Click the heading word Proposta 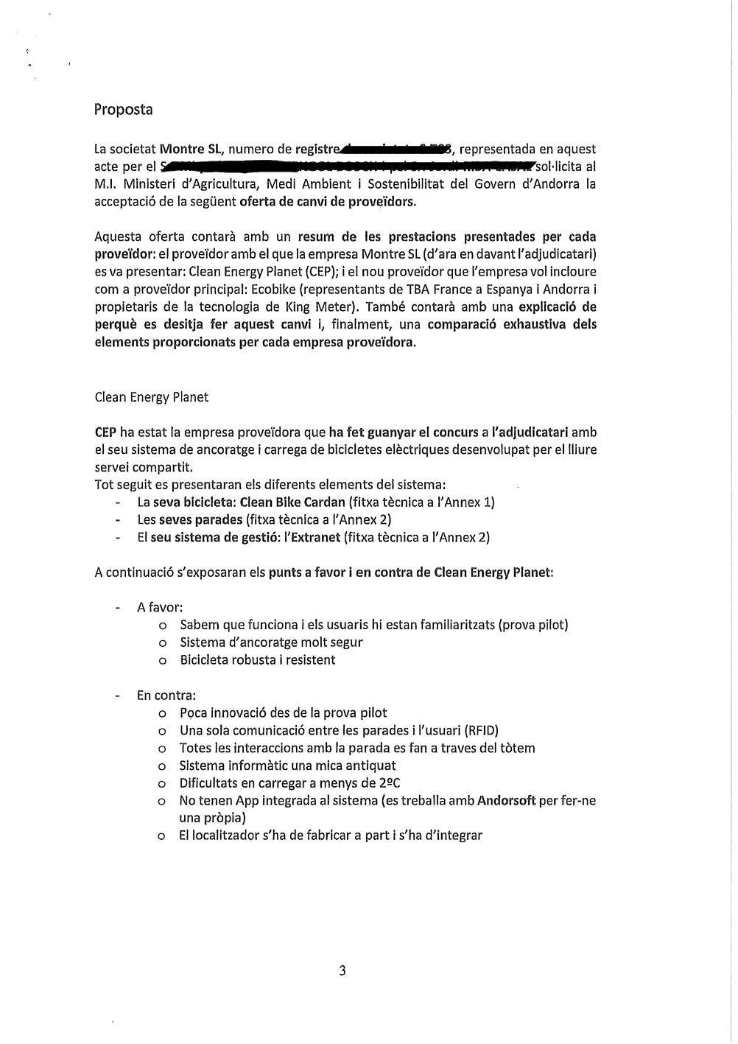pos(123,110)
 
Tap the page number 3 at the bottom pos(342,970)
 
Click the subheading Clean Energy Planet pos(151,397)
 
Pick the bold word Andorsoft pos(506,801)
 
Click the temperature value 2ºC pos(388,783)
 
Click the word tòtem pos(518,749)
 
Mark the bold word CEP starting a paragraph pos(105,432)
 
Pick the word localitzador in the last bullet pos(226,835)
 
